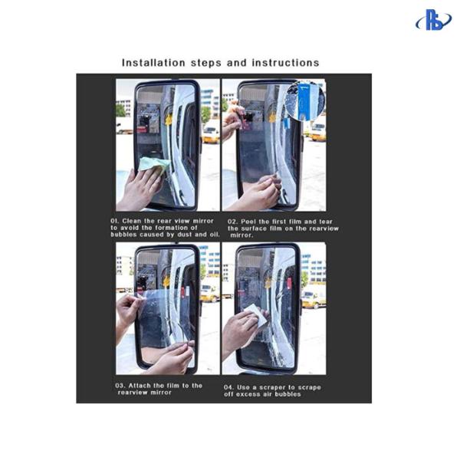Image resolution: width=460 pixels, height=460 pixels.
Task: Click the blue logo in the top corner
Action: (x=433, y=20)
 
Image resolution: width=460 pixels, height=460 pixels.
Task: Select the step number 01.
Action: (x=115, y=221)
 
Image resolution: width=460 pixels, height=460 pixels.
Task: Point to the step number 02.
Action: (x=233, y=222)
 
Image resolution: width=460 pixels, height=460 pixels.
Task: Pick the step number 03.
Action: (x=120, y=385)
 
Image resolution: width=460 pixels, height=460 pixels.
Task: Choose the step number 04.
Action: (x=228, y=386)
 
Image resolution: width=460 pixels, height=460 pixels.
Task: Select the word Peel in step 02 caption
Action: (x=252, y=222)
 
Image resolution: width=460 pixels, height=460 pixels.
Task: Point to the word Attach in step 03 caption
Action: (x=142, y=385)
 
